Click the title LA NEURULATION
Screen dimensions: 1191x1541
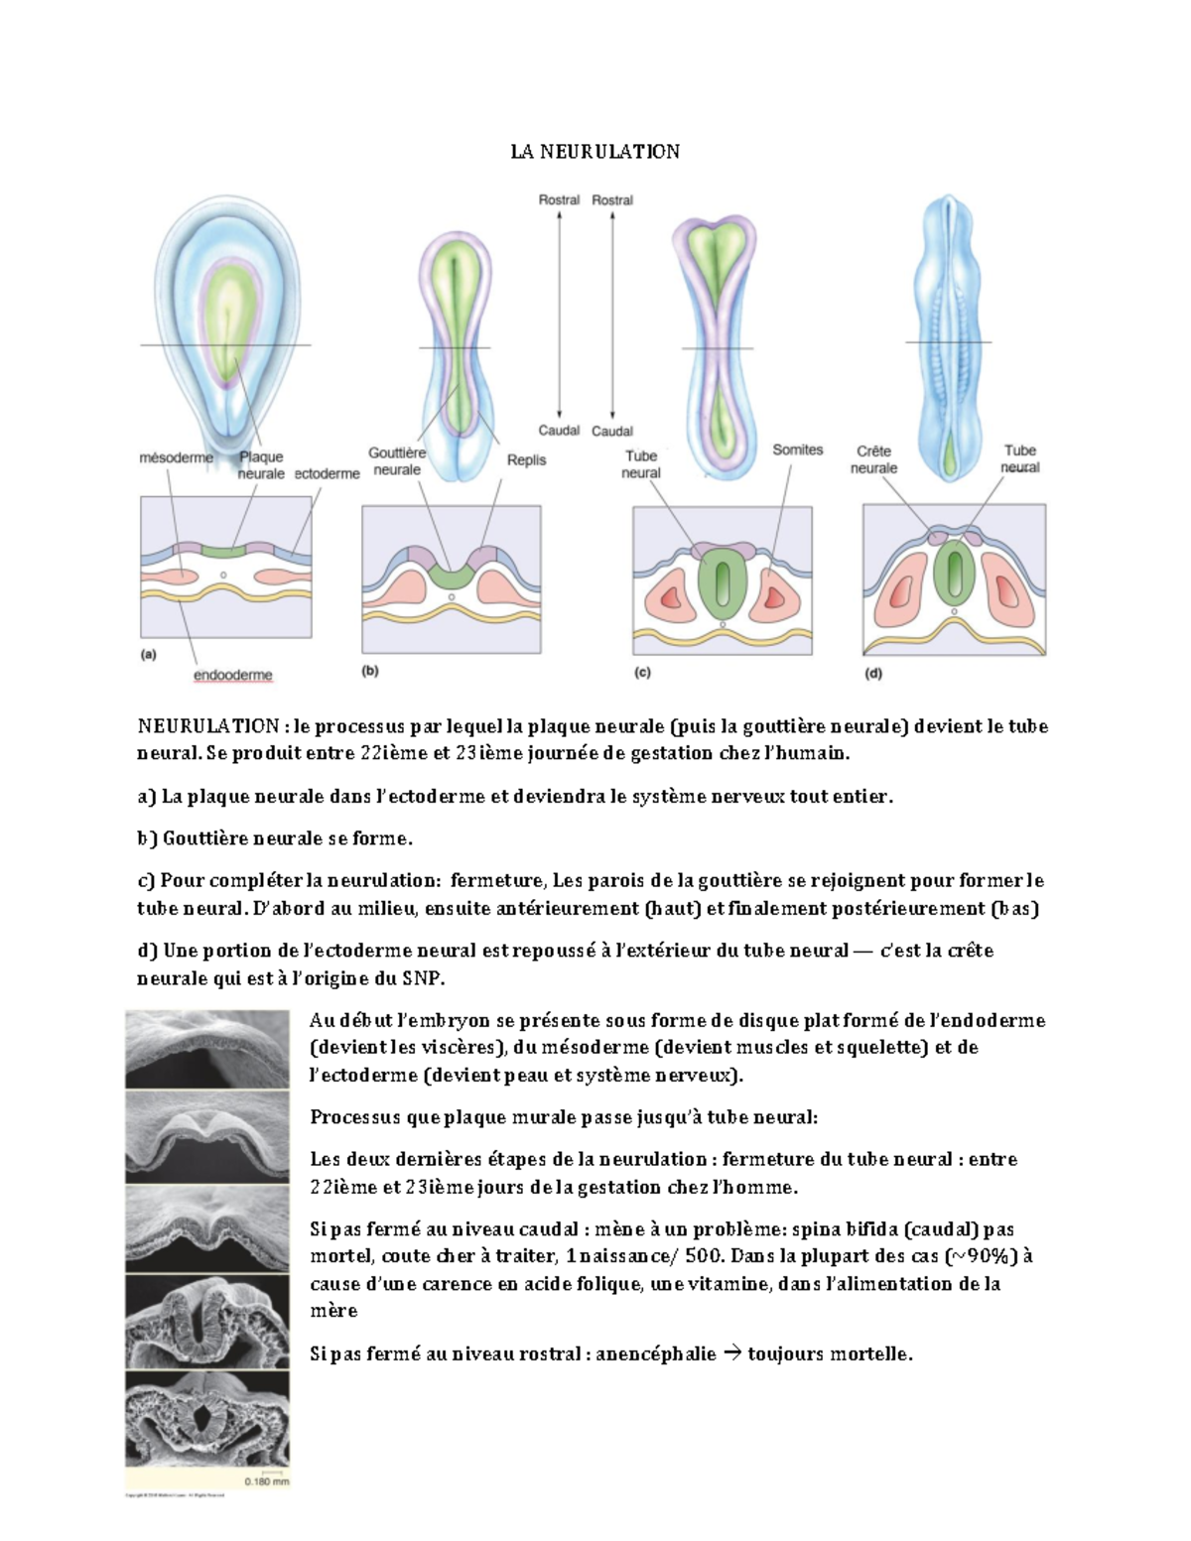595,152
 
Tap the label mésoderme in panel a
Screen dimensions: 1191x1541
176,458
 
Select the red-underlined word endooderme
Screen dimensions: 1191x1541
232,675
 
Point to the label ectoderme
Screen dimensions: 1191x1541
327,474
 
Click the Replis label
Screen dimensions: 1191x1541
526,460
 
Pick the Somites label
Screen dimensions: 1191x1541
797,449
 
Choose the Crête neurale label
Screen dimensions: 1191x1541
873,459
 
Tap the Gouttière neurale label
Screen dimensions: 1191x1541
397,461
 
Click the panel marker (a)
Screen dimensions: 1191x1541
149,655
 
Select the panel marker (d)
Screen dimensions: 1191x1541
873,673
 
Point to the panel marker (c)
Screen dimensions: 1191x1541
642,672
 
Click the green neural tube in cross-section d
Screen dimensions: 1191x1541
954,573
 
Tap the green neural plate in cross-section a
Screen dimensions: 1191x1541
223,550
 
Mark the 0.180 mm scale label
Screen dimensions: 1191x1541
266,1481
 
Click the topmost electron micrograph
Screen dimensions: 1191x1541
206,1048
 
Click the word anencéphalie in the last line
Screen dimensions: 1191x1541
655,1354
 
